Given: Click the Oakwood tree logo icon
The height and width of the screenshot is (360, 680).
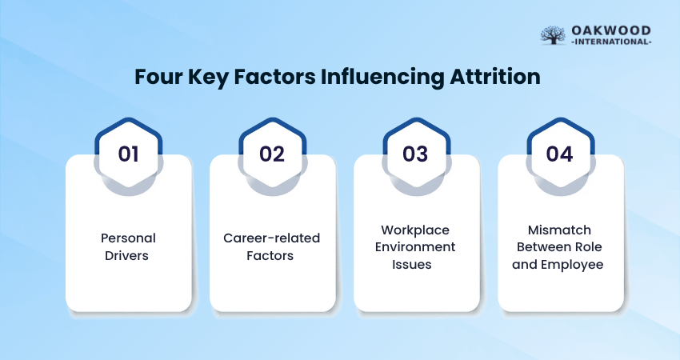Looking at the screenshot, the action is pos(553,35).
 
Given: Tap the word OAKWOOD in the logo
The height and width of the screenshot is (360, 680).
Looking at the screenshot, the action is pos(611,30).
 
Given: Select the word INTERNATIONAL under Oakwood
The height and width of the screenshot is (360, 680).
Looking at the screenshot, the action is pos(611,42).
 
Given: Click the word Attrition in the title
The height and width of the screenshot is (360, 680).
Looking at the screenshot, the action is pos(495,77).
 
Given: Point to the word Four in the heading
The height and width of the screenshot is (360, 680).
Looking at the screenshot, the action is pos(158,77).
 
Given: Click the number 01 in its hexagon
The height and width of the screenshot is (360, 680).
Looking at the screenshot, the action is pos(128,154).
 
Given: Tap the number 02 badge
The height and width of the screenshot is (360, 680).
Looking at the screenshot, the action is pos(272,154).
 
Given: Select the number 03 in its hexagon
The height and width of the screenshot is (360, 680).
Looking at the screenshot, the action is pos(415,154).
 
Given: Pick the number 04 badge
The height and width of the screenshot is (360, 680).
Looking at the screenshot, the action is pos(559,154).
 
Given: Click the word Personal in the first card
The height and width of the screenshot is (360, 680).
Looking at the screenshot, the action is pos(128,238).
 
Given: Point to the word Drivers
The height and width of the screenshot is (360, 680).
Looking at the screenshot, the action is pos(126,255).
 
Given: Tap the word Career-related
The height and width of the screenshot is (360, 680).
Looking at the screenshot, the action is pos(271,238).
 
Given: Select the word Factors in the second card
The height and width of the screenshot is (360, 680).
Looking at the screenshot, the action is pos(270,255).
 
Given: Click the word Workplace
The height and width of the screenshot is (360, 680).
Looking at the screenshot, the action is pos(415,230).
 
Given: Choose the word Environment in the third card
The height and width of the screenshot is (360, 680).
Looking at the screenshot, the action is pos(415,246).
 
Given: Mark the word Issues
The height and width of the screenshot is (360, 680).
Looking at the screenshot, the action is pos(411,264).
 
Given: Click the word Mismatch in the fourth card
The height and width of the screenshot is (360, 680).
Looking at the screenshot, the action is pos(559,230).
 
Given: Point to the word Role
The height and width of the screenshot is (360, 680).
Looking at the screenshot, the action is pos(588,246).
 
